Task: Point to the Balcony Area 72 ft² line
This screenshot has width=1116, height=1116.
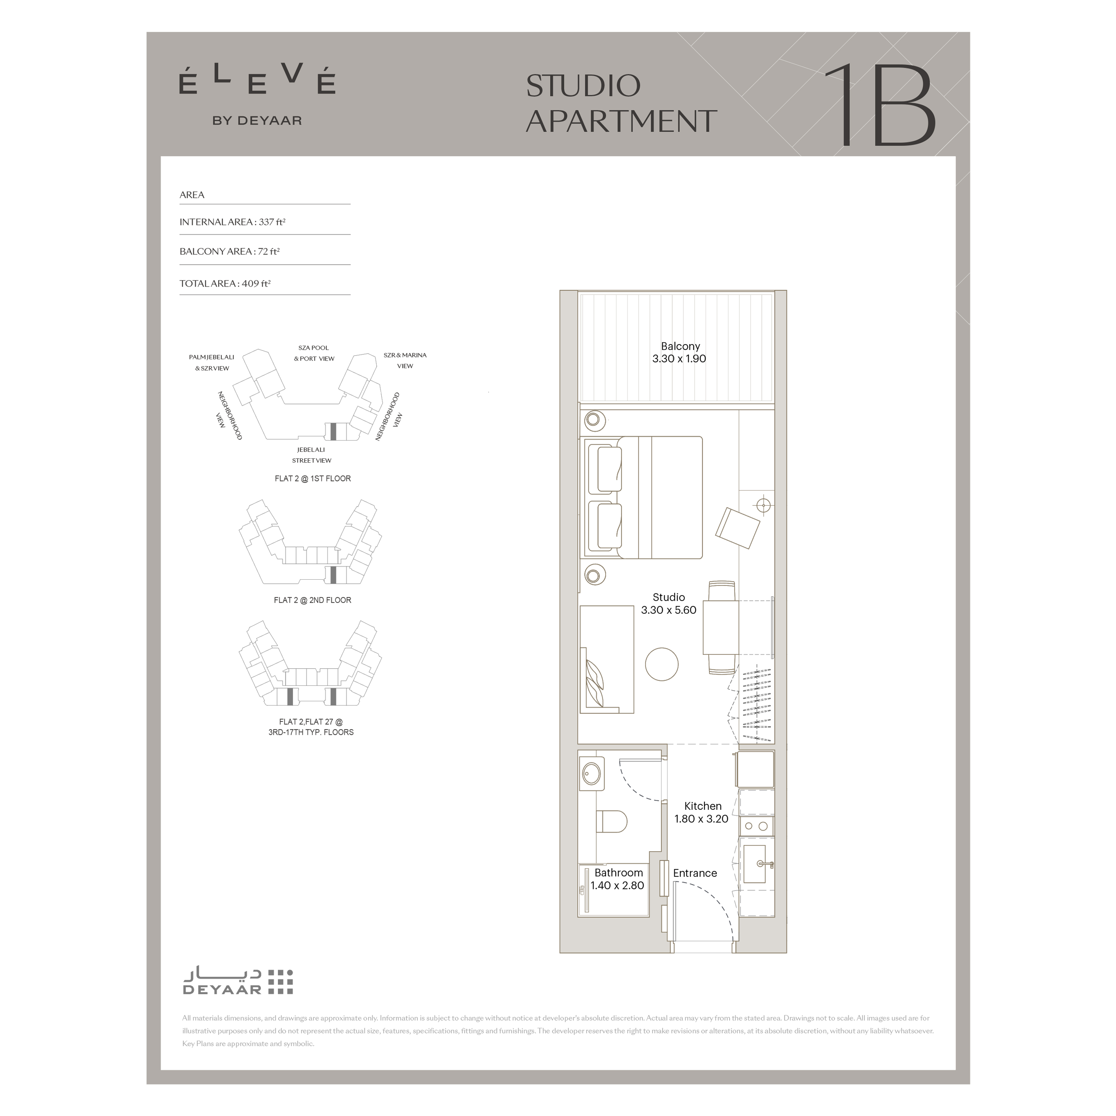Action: pos(229,251)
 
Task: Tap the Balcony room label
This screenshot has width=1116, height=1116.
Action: pos(680,346)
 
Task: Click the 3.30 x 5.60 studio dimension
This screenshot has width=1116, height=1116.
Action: pos(669,610)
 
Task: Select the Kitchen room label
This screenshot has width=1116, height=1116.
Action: pos(703,806)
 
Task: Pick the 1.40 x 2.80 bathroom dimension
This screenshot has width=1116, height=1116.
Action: pos(617,885)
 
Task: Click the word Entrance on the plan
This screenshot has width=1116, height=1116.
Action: pos(695,873)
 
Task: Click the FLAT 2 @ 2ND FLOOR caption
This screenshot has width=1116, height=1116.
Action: pos(312,600)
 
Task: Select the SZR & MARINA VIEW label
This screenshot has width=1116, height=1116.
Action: pos(405,360)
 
